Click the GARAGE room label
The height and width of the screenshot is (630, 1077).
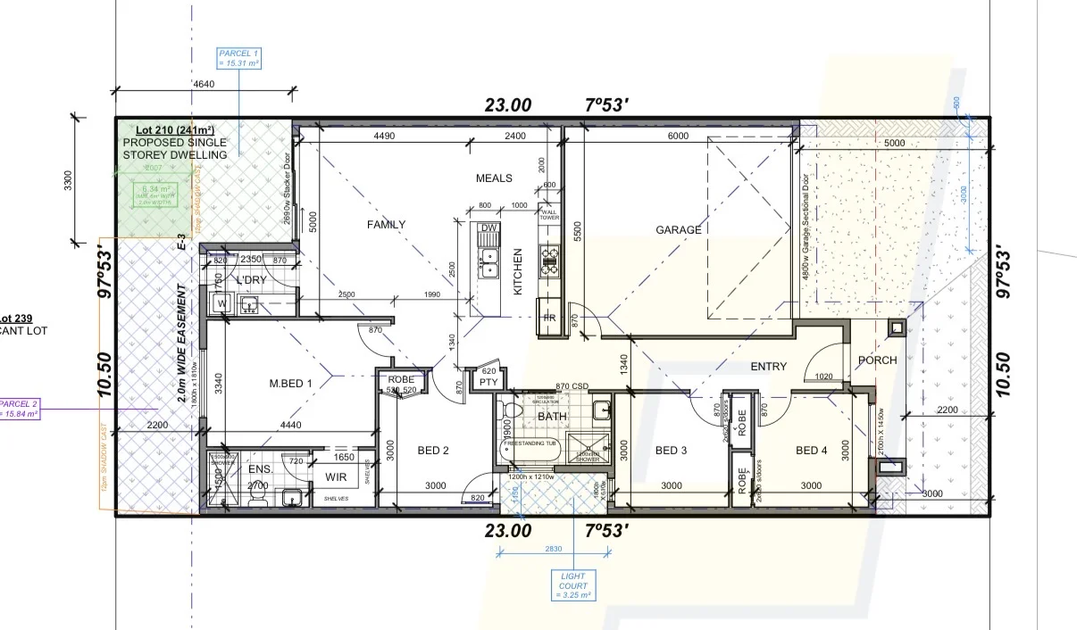pos(679,230)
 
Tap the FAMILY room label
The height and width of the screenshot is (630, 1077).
pos(386,225)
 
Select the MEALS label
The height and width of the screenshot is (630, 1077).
pos(494,178)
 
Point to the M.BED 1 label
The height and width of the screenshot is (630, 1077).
pos(291,384)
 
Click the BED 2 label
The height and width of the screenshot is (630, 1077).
pos(433,451)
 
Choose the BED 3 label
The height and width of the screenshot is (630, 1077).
pos(671,451)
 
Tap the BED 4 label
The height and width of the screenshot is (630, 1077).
pos(811,451)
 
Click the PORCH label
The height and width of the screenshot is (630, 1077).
pos(877,361)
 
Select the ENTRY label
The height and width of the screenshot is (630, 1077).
pos(768,367)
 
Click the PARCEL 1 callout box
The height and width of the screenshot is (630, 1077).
pos(239,59)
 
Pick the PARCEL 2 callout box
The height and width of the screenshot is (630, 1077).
pos(18,408)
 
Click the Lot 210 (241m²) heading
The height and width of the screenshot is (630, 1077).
pos(174,130)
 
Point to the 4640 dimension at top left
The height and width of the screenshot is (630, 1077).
pos(204,84)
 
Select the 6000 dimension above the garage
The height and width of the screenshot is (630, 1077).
pos(678,136)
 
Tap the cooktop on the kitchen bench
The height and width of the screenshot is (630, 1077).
pos(549,260)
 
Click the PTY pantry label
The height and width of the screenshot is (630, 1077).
pos(488,382)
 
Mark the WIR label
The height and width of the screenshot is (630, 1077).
pos(336,477)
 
